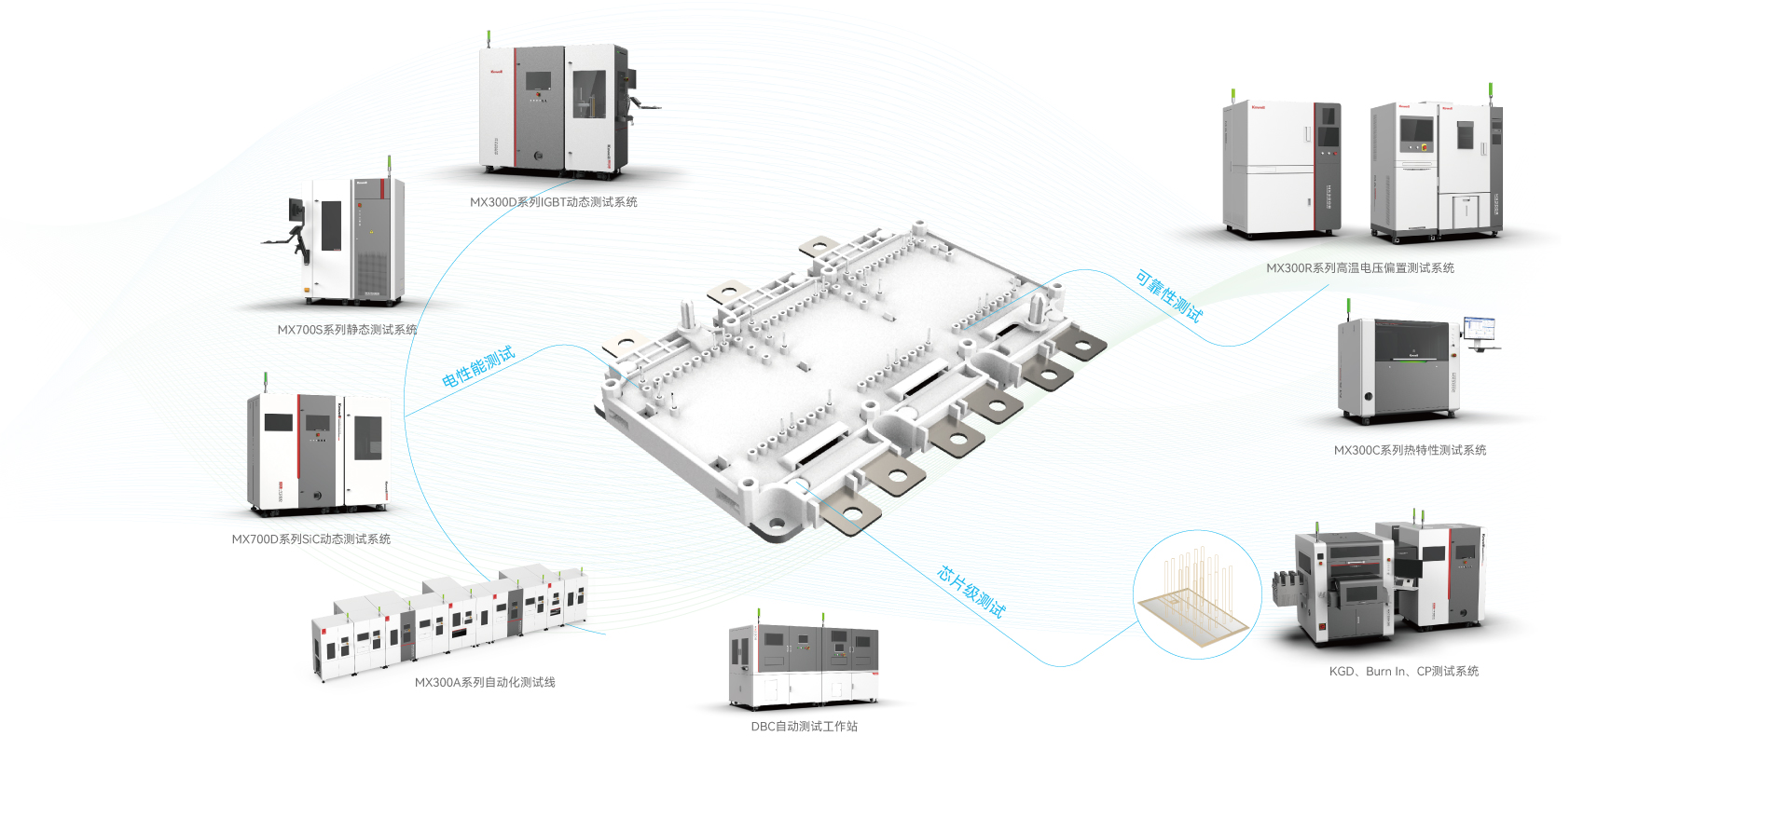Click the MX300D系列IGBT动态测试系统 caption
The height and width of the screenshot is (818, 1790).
tap(553, 202)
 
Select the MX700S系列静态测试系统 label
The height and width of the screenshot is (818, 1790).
tap(347, 330)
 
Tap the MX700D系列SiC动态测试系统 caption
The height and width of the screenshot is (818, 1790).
tap(310, 539)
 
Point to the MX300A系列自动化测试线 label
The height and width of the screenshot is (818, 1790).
tap(485, 683)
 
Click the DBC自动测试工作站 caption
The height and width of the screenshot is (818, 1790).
tap(804, 727)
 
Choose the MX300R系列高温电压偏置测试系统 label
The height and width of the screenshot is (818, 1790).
tap(1359, 268)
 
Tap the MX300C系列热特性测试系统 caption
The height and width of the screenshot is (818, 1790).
tap(1410, 451)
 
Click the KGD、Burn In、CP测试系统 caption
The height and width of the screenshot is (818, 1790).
tap(1403, 672)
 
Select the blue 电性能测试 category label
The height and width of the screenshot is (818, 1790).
tap(478, 367)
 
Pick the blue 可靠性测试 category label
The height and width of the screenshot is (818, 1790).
tap(1169, 295)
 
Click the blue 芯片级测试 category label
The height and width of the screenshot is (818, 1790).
tap(971, 592)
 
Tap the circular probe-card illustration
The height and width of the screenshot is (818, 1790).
tap(1197, 594)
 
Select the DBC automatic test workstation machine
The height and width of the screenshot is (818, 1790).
tap(803, 665)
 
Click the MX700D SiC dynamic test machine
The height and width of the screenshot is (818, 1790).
tap(318, 453)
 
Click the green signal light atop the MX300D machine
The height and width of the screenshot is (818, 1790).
tap(489, 37)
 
